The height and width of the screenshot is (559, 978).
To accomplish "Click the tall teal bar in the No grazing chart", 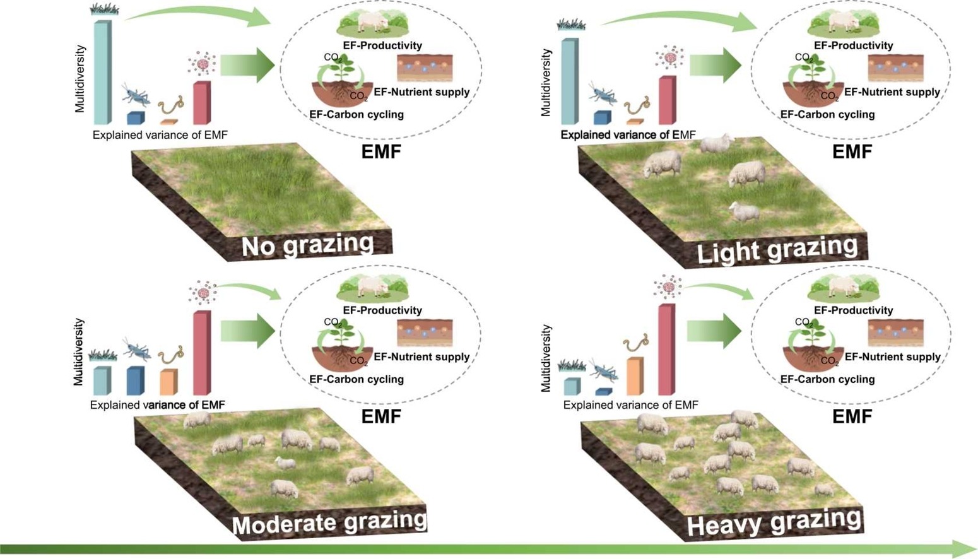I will [102, 73].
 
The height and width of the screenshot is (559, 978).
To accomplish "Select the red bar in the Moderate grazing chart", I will [201, 353].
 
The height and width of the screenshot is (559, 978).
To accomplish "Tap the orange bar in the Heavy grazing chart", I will [635, 377].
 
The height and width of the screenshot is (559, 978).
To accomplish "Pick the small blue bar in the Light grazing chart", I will [602, 118].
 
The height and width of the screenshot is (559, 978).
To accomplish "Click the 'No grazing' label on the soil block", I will [307, 245].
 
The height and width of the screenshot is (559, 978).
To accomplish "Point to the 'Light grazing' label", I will [777, 250].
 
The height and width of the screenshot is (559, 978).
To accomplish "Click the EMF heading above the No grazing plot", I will [380, 152].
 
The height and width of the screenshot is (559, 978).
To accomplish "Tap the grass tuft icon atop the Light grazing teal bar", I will [571, 25].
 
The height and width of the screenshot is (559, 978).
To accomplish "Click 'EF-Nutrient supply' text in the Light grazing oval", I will [892, 92].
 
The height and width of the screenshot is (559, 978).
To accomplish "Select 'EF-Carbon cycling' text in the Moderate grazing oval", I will [356, 379].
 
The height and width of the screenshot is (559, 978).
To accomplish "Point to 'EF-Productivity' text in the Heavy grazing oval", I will [853, 310].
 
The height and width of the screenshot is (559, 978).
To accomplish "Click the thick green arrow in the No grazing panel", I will [247, 66].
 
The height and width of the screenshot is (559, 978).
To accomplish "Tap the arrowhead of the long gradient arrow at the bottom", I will [965, 548].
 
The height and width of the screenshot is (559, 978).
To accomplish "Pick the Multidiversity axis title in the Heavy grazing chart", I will [546, 358].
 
